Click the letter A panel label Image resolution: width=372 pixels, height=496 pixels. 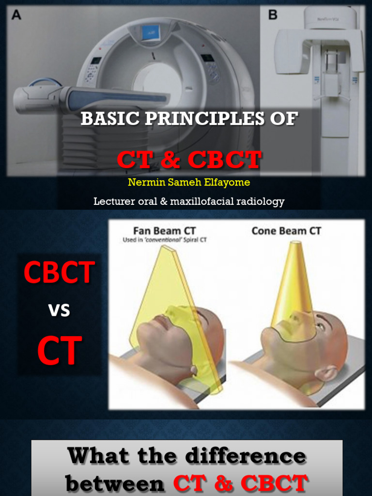coord(16,15)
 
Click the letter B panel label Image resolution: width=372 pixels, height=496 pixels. coord(273,15)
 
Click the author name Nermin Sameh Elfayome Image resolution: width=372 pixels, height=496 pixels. coord(189,183)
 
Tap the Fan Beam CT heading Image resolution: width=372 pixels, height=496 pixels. coord(165,231)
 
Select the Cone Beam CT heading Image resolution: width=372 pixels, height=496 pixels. coord(286,231)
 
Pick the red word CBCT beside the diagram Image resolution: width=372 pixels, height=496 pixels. coord(59,273)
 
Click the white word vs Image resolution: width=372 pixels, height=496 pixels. coord(59,310)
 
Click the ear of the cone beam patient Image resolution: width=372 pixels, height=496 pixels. coord(327,373)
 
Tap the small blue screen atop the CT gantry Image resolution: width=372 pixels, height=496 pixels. coord(151,33)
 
